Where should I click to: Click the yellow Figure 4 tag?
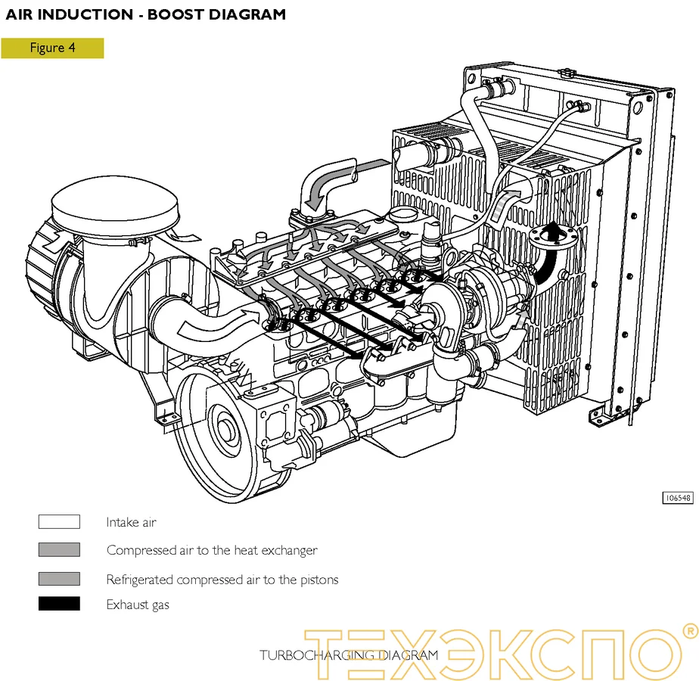52,48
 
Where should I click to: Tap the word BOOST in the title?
179,14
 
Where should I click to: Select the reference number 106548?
677,498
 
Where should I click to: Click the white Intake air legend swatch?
59,521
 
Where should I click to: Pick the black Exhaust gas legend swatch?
59,604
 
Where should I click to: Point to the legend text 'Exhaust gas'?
138,605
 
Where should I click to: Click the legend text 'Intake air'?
131,522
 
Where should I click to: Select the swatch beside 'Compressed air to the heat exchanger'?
59,550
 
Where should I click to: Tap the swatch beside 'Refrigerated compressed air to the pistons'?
59,579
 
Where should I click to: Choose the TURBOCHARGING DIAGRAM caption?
349,655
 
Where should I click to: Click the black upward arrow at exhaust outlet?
549,253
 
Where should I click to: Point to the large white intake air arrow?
208,322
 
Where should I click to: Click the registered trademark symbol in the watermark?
689,630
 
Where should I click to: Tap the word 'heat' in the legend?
245,551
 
